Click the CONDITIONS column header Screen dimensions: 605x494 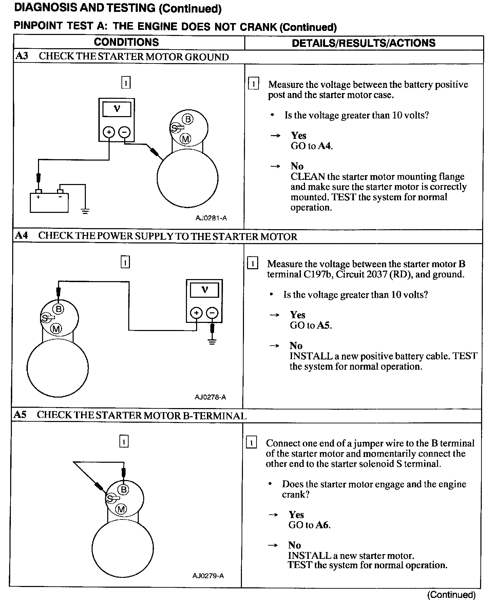point(126,42)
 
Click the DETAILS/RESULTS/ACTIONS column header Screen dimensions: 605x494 point(363,43)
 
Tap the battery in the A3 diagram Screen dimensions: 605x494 point(49,203)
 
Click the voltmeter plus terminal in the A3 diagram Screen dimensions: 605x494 point(109,132)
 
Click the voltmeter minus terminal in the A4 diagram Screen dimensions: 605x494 point(212,313)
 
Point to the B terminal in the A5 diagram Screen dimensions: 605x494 point(123,489)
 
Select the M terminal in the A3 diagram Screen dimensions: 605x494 point(186,139)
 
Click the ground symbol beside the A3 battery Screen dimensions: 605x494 point(85,211)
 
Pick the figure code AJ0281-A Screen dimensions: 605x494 point(211,218)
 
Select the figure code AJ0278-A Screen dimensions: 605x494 point(210,397)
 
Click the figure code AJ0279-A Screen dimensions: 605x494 point(208,575)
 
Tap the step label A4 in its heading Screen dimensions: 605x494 point(21,235)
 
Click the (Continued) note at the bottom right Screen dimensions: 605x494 point(451,594)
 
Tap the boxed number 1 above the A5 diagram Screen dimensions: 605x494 point(124,441)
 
